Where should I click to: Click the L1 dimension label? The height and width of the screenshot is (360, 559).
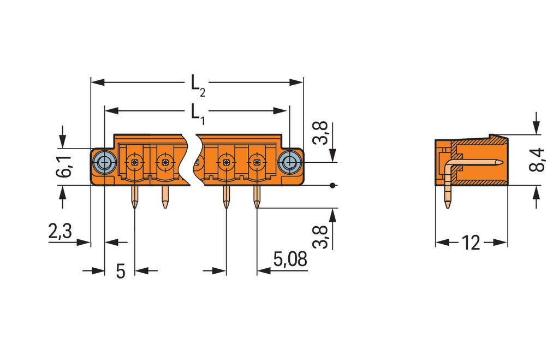(197, 114)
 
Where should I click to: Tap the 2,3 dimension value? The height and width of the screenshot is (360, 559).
(60, 232)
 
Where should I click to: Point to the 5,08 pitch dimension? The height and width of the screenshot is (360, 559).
(290, 259)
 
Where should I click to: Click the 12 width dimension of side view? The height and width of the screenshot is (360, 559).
(471, 243)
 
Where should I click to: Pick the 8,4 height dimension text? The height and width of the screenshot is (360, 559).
(537, 160)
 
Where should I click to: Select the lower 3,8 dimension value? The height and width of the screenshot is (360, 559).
(322, 236)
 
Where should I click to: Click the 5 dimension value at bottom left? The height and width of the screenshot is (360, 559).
(121, 270)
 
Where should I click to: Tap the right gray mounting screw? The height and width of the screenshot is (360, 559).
(289, 162)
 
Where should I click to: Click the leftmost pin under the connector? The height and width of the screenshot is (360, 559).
(134, 197)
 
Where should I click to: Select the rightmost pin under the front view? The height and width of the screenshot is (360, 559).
(257, 197)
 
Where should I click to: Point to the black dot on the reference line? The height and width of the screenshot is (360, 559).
(332, 186)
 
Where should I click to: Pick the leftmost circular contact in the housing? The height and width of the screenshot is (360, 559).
(134, 162)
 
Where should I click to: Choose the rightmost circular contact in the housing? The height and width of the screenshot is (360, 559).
(255, 162)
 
